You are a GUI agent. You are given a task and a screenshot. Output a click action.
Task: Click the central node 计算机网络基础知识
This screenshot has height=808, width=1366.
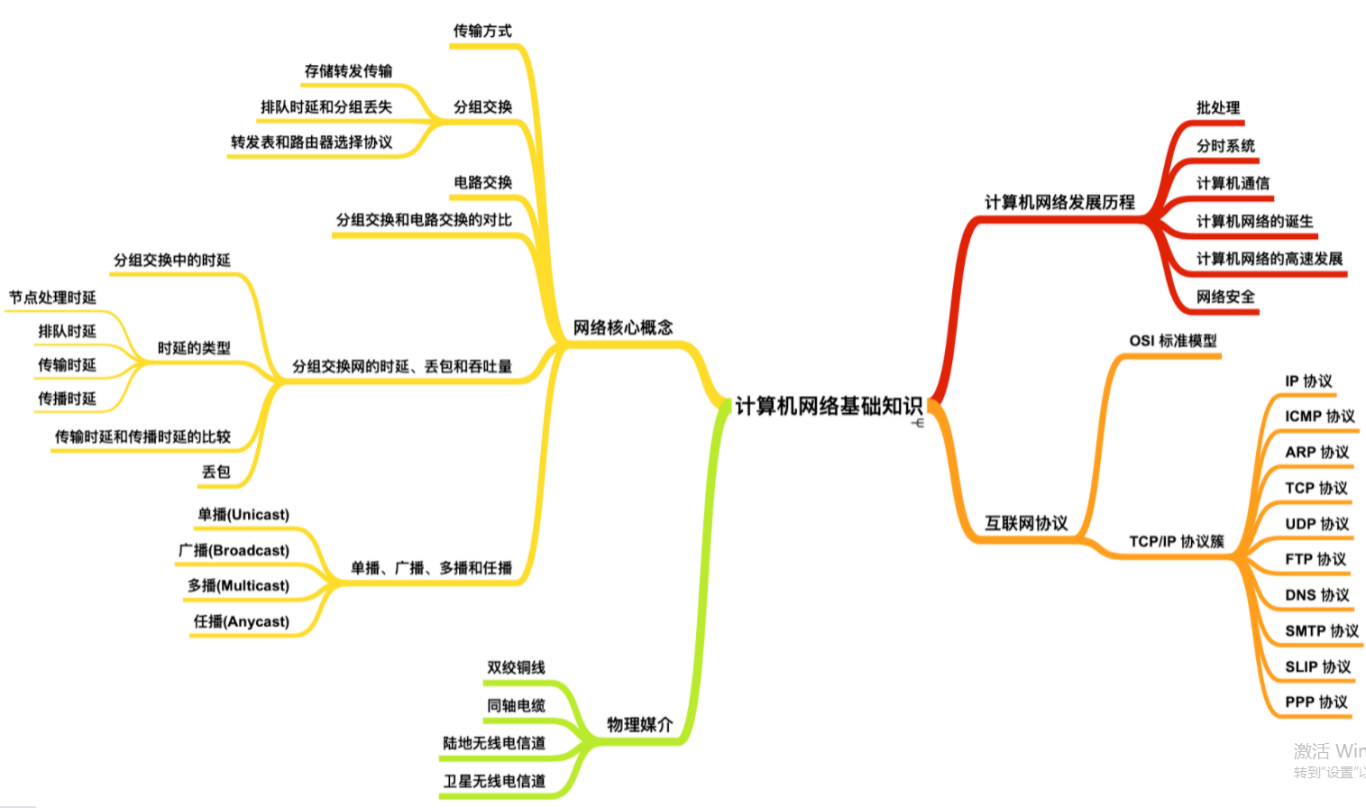pyautogui.click(x=829, y=407)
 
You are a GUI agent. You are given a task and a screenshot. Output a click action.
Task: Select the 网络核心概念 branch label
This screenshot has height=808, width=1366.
pyautogui.click(x=623, y=327)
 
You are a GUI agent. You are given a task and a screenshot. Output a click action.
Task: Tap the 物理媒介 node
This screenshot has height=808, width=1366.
pyautogui.click(x=639, y=724)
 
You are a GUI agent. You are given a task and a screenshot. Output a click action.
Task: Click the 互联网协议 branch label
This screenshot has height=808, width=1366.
pyautogui.click(x=1025, y=523)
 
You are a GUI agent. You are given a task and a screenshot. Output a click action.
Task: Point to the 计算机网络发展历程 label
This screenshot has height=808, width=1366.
pyautogui.click(x=1059, y=202)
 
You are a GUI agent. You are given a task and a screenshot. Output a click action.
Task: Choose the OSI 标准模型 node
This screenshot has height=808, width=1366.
pyautogui.click(x=1172, y=341)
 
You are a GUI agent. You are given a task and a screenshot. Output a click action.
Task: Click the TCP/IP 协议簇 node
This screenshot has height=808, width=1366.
pyautogui.click(x=1176, y=541)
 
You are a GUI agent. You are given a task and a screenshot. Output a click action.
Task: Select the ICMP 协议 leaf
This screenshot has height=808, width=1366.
pyautogui.click(x=1319, y=416)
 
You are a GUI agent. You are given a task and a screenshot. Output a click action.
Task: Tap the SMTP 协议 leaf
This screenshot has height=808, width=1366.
pyautogui.click(x=1321, y=630)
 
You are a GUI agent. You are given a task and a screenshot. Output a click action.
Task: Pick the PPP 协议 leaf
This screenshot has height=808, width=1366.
pyautogui.click(x=1316, y=702)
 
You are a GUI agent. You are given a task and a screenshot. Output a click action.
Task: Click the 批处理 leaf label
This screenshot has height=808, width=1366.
pyautogui.click(x=1217, y=107)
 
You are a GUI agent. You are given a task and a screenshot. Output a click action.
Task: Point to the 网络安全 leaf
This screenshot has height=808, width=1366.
pyautogui.click(x=1225, y=297)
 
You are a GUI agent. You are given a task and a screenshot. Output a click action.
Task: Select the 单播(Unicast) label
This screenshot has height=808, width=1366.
pyautogui.click(x=243, y=515)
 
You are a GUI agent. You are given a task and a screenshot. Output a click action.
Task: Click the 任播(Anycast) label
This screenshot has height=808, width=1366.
pyautogui.click(x=242, y=621)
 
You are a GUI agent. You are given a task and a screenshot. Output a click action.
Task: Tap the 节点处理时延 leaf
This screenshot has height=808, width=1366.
pyautogui.click(x=52, y=298)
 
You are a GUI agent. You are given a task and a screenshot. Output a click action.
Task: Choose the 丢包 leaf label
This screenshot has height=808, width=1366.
pyautogui.click(x=216, y=472)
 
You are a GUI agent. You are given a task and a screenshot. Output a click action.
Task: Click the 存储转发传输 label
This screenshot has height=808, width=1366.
pyautogui.click(x=348, y=71)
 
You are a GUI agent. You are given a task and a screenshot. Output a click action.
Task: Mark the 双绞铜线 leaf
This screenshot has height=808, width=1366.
pyautogui.click(x=516, y=667)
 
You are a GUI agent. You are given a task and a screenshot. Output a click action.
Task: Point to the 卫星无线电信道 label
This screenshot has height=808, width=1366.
pyautogui.click(x=494, y=781)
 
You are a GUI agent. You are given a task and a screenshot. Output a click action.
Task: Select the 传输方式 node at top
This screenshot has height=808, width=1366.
pyautogui.click(x=482, y=31)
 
